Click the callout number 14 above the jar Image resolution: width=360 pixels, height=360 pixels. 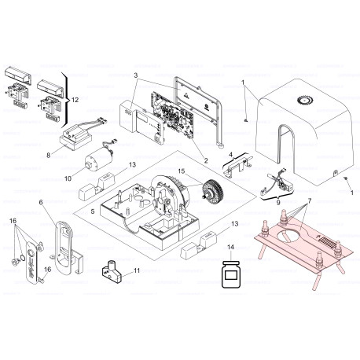coord(230,247)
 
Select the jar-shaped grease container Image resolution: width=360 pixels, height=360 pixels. coord(230,274)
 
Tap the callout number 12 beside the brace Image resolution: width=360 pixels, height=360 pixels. coord(75,100)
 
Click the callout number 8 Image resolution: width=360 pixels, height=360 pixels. coord(49,156)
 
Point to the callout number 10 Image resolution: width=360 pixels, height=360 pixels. coord(68,178)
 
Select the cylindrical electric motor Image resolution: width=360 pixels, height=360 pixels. coord(99,157)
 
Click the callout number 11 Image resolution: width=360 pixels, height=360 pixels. coord(137,270)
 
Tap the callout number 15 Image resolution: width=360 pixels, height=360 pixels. coord(182,171)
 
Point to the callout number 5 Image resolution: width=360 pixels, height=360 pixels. coord(93,211)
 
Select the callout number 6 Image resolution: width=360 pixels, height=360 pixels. coord(41,202)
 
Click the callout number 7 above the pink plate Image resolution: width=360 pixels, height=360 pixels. coord(310,201)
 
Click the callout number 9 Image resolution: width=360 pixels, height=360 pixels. coord(278,202)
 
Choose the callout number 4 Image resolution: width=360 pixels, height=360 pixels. coord(230,155)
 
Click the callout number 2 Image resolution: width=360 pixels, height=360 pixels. coord(206,160)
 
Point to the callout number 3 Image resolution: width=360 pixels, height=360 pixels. coord(135,75)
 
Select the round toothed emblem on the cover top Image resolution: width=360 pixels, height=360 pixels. coord(304,100)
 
